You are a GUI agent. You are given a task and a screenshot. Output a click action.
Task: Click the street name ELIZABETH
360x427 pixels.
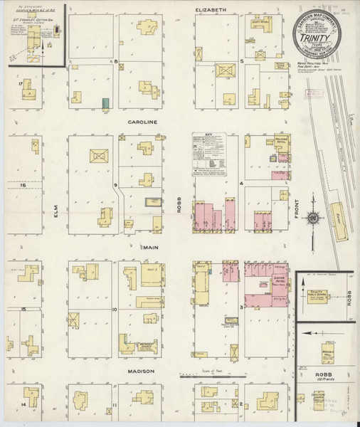[x=211, y=9]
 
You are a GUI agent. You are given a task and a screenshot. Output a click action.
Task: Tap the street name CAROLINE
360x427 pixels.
[x=142, y=122]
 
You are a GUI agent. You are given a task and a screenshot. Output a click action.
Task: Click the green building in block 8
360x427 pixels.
[x=105, y=102]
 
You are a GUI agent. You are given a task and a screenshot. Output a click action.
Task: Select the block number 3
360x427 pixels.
[x=242, y=307]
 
